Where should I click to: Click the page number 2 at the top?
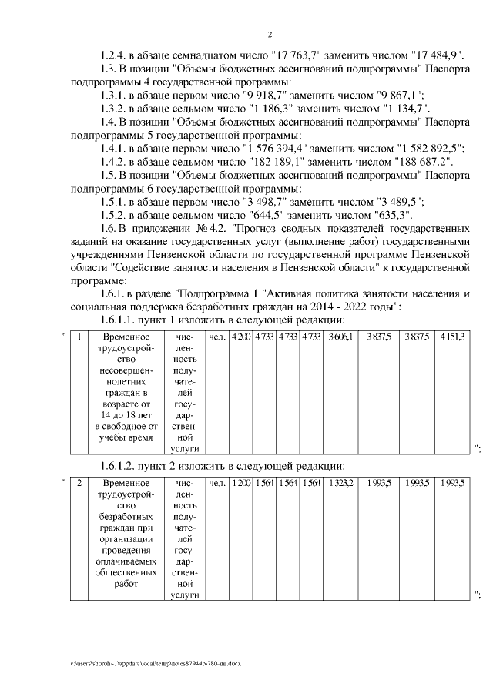pos(270,34)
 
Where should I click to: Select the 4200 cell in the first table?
pos(242,337)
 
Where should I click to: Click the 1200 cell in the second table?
pos(242,484)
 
